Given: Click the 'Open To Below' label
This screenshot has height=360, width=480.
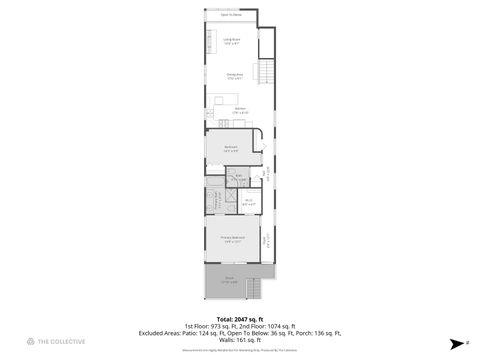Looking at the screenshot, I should pyautogui.click(x=231, y=15).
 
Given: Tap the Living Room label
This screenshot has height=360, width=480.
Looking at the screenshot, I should pyautogui.click(x=232, y=41).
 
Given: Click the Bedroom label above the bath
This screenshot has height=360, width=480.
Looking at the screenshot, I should pyautogui.click(x=230, y=149).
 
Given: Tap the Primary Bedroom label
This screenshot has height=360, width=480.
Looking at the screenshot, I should pyautogui.click(x=232, y=239).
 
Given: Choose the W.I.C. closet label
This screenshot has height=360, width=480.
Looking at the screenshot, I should pyautogui.click(x=249, y=203).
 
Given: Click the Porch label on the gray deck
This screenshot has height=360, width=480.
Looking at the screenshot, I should pyautogui.click(x=229, y=280).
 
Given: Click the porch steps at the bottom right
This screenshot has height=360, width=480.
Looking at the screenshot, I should pyautogui.click(x=255, y=290).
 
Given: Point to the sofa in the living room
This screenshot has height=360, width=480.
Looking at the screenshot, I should pyautogui.click(x=210, y=43).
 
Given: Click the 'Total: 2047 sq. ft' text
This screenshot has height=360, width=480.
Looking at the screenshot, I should pyautogui.click(x=240, y=318).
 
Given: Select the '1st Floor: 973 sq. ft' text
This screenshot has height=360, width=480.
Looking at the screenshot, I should pyautogui.click(x=212, y=326).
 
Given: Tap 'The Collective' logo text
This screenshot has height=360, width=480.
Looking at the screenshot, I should pyautogui.click(x=62, y=341).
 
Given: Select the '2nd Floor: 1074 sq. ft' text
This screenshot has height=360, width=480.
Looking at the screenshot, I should pyautogui.click(x=268, y=326).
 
